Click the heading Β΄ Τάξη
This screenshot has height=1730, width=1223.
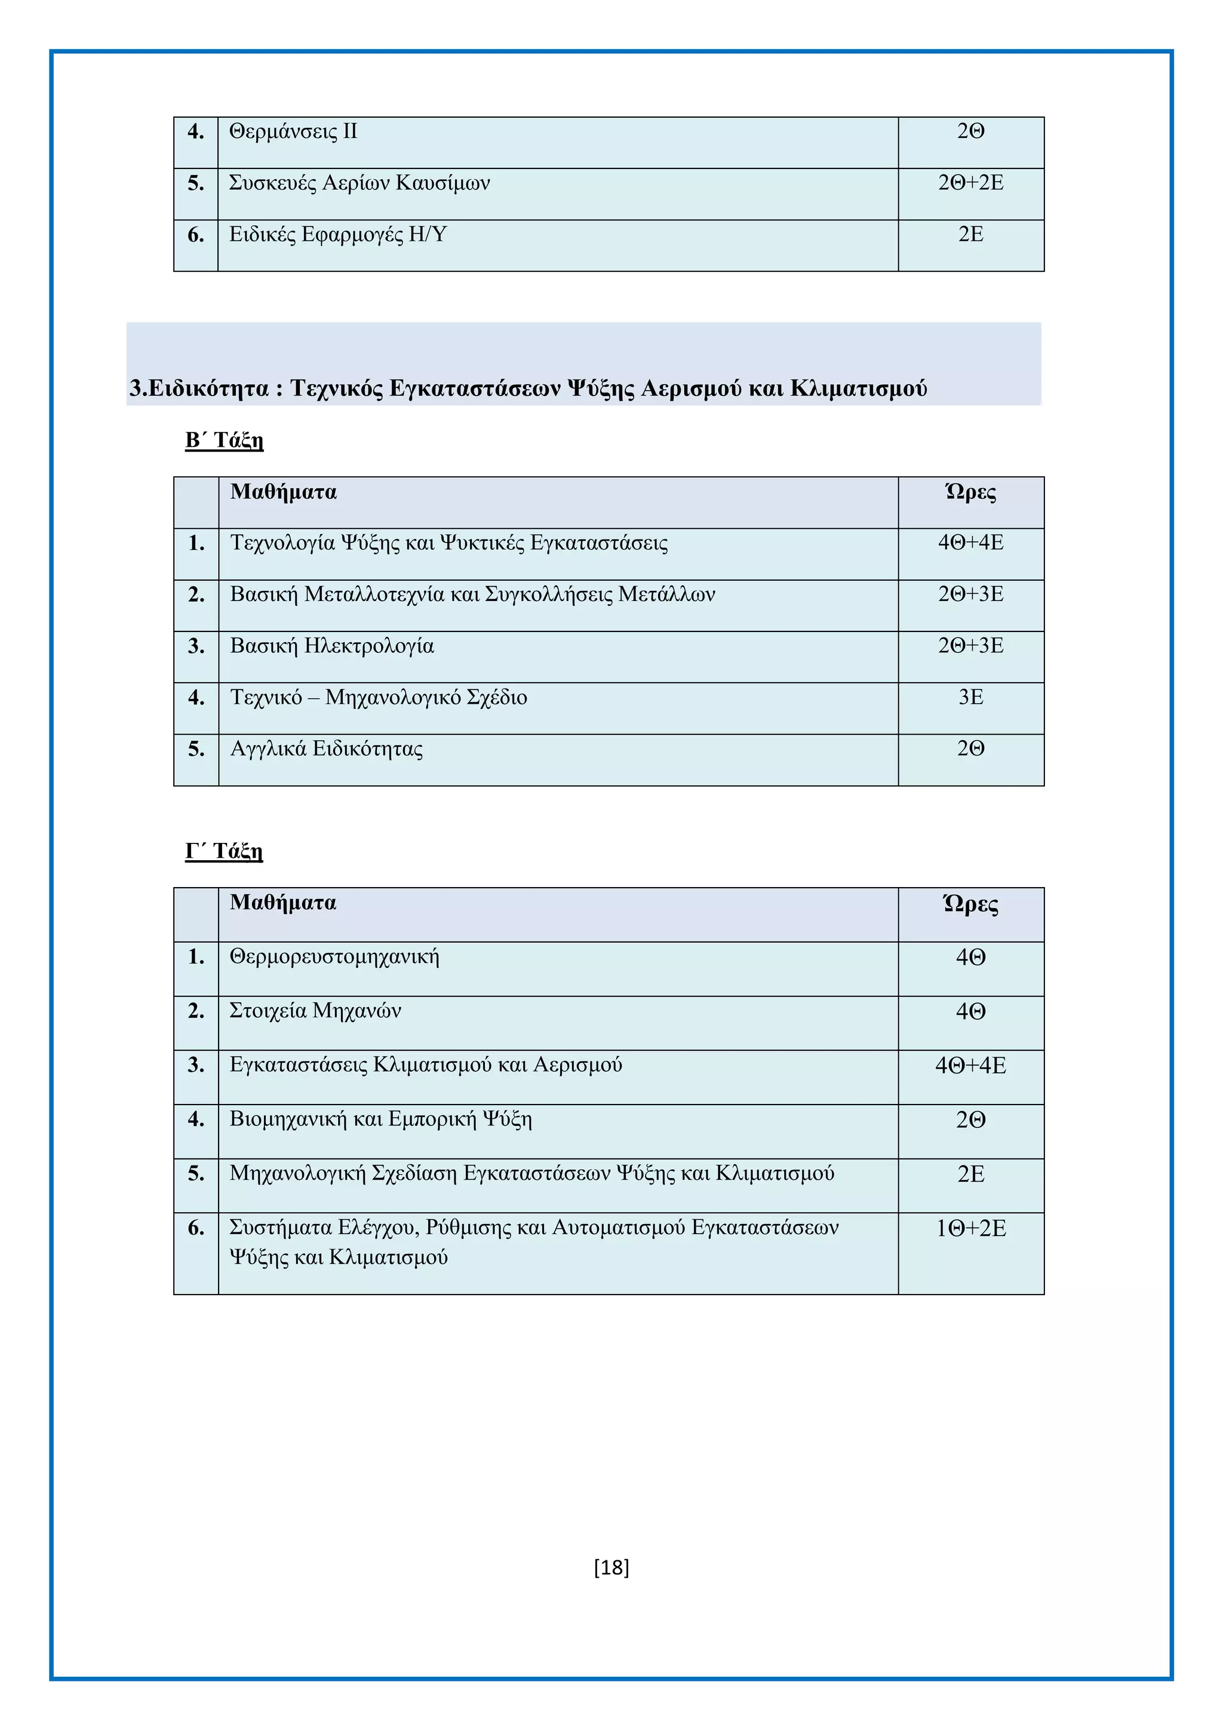click(x=225, y=440)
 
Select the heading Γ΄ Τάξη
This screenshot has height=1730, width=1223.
click(x=225, y=851)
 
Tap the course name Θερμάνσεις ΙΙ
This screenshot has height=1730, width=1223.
click(x=293, y=132)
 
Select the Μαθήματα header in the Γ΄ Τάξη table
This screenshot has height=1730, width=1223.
click(x=283, y=903)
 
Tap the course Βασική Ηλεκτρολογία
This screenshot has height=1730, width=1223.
click(x=332, y=646)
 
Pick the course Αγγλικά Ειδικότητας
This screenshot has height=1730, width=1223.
click(x=326, y=749)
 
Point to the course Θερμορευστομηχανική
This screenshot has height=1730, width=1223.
click(x=334, y=957)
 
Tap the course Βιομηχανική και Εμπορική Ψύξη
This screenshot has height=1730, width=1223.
click(x=380, y=1119)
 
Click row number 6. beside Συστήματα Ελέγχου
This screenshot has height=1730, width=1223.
click(x=196, y=1229)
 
